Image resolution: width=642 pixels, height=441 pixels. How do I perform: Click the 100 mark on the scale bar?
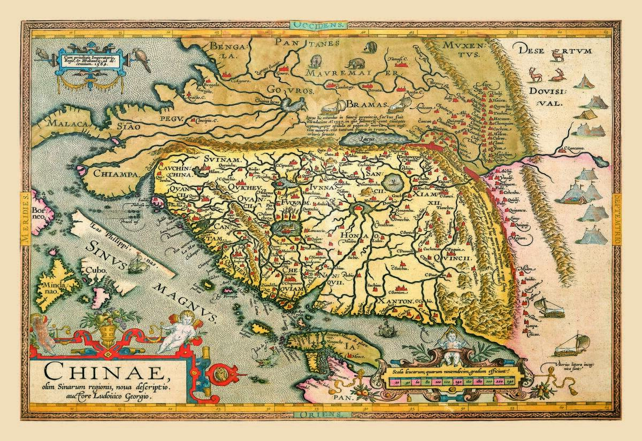(437, 382)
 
